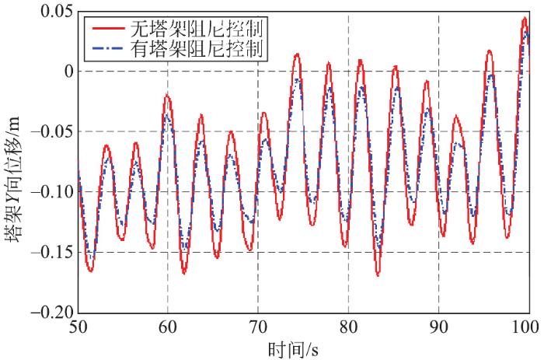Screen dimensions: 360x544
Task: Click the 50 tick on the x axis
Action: (78, 327)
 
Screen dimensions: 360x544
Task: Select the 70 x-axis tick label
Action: (258, 327)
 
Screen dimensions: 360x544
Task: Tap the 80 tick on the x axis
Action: (348, 327)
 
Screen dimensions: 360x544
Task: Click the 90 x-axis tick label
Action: (438, 327)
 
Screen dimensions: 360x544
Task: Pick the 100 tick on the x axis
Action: (527, 327)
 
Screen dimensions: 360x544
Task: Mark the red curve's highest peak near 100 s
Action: (525, 18)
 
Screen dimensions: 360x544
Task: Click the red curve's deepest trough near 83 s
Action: (378, 274)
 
